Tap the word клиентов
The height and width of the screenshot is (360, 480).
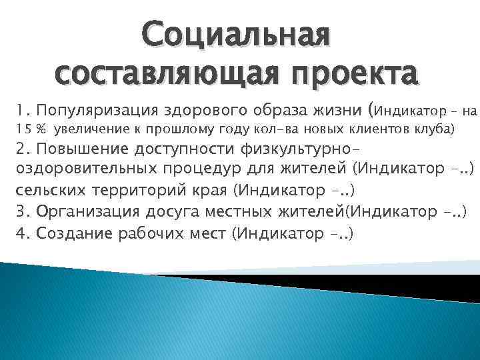pos(382,129)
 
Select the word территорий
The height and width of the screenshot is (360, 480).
pos(134,191)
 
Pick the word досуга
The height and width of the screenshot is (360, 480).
pos(177,212)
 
